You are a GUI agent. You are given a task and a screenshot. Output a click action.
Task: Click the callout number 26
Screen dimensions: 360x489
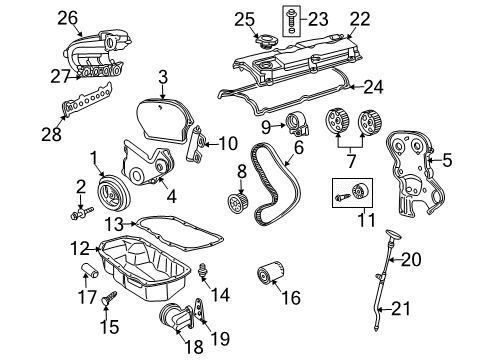(39, 17)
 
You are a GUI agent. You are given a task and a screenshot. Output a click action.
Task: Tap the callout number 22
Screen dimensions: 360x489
(359, 17)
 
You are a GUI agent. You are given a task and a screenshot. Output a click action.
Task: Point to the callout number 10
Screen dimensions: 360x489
(229, 144)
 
